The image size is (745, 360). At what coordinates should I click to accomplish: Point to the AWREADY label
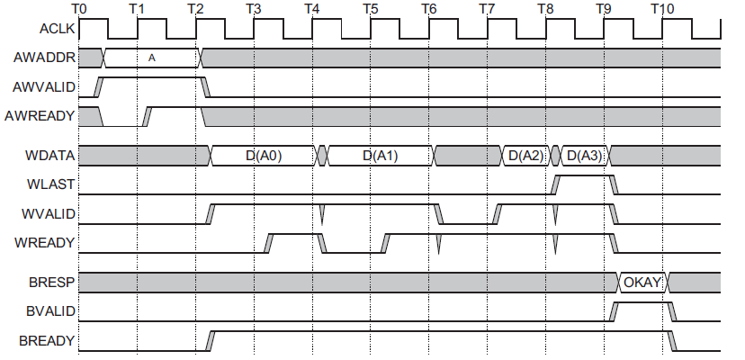point(41,117)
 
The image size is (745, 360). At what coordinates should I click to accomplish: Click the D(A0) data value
point(264,156)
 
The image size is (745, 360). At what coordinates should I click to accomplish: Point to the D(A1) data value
point(381,156)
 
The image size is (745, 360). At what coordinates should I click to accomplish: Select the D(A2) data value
point(525,156)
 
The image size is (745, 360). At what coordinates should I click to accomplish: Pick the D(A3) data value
point(583,156)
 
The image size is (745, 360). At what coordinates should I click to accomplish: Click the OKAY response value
point(642,283)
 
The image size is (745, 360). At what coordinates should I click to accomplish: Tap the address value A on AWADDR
point(152,58)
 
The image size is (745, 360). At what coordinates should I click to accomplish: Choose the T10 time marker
point(662,8)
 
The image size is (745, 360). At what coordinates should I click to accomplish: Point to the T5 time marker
point(370,8)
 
